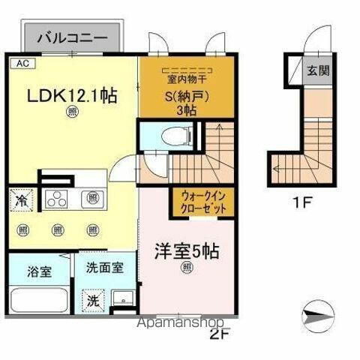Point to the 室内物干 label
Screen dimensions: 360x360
187,79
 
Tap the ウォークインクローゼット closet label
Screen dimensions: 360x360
201,203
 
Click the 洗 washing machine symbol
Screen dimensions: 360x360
91,298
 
